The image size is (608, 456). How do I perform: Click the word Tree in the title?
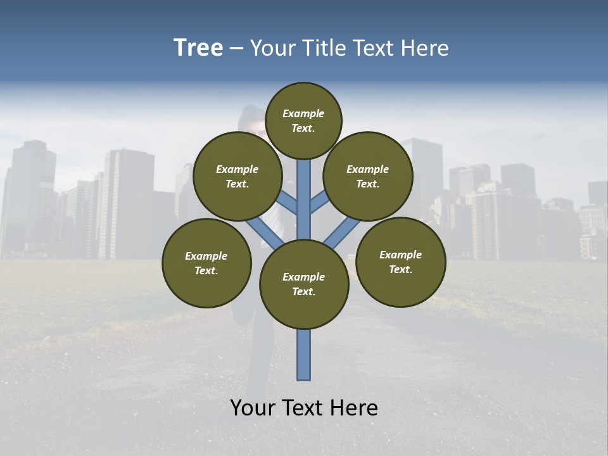198,48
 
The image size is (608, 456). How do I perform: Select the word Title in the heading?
324,48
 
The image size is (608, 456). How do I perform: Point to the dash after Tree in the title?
236,49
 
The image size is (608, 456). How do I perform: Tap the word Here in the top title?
425,48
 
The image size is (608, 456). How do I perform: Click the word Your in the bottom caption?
253,408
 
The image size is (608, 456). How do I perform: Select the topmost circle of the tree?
303,120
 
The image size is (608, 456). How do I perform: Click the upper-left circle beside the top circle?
237,176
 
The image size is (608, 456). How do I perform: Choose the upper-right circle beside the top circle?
368,176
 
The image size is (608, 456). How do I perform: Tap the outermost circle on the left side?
206,263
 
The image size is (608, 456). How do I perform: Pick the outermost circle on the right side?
400,262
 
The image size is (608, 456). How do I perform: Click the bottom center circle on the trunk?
304,284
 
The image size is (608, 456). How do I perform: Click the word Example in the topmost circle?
303,113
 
